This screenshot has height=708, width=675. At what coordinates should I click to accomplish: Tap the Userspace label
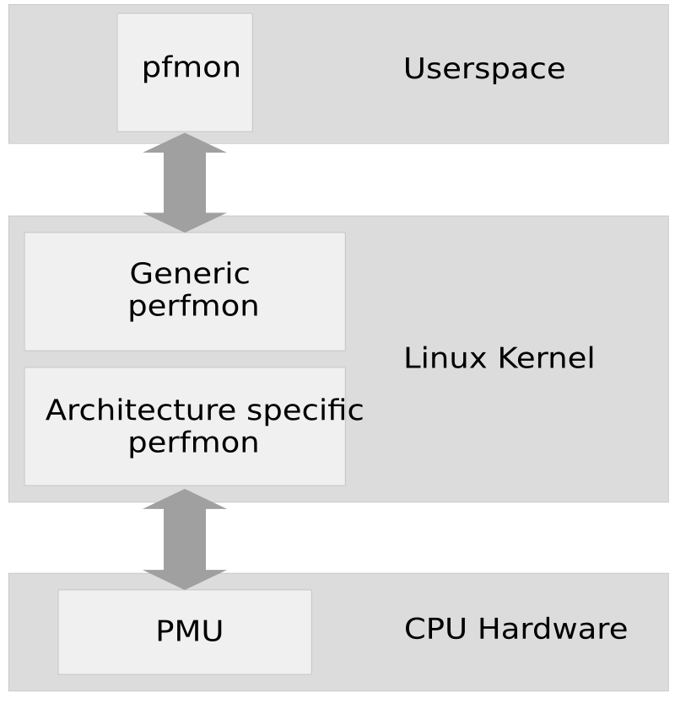pyautogui.click(x=483, y=68)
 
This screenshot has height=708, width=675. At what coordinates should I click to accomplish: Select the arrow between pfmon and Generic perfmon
pyautogui.click(x=185, y=183)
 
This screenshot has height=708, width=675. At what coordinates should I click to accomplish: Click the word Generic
pyautogui.click(x=190, y=273)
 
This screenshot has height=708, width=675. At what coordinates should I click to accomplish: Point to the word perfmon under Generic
pyautogui.click(x=193, y=306)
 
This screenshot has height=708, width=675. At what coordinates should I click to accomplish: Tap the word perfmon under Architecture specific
pyautogui.click(x=193, y=443)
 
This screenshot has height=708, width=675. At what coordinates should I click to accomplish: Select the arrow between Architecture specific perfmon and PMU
pyautogui.click(x=185, y=539)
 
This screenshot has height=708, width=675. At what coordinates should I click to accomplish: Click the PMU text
pyautogui.click(x=189, y=631)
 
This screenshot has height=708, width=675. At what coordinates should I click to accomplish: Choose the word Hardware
pyautogui.click(x=546, y=629)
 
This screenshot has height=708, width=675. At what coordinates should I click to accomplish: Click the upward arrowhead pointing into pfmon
pyautogui.click(x=185, y=144)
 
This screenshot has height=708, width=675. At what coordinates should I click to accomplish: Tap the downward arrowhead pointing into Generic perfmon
pyautogui.click(x=185, y=223)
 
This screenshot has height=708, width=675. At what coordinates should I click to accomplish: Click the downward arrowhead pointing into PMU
pyautogui.click(x=185, y=579)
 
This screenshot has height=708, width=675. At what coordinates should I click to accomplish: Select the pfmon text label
pyautogui.click(x=191, y=67)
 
